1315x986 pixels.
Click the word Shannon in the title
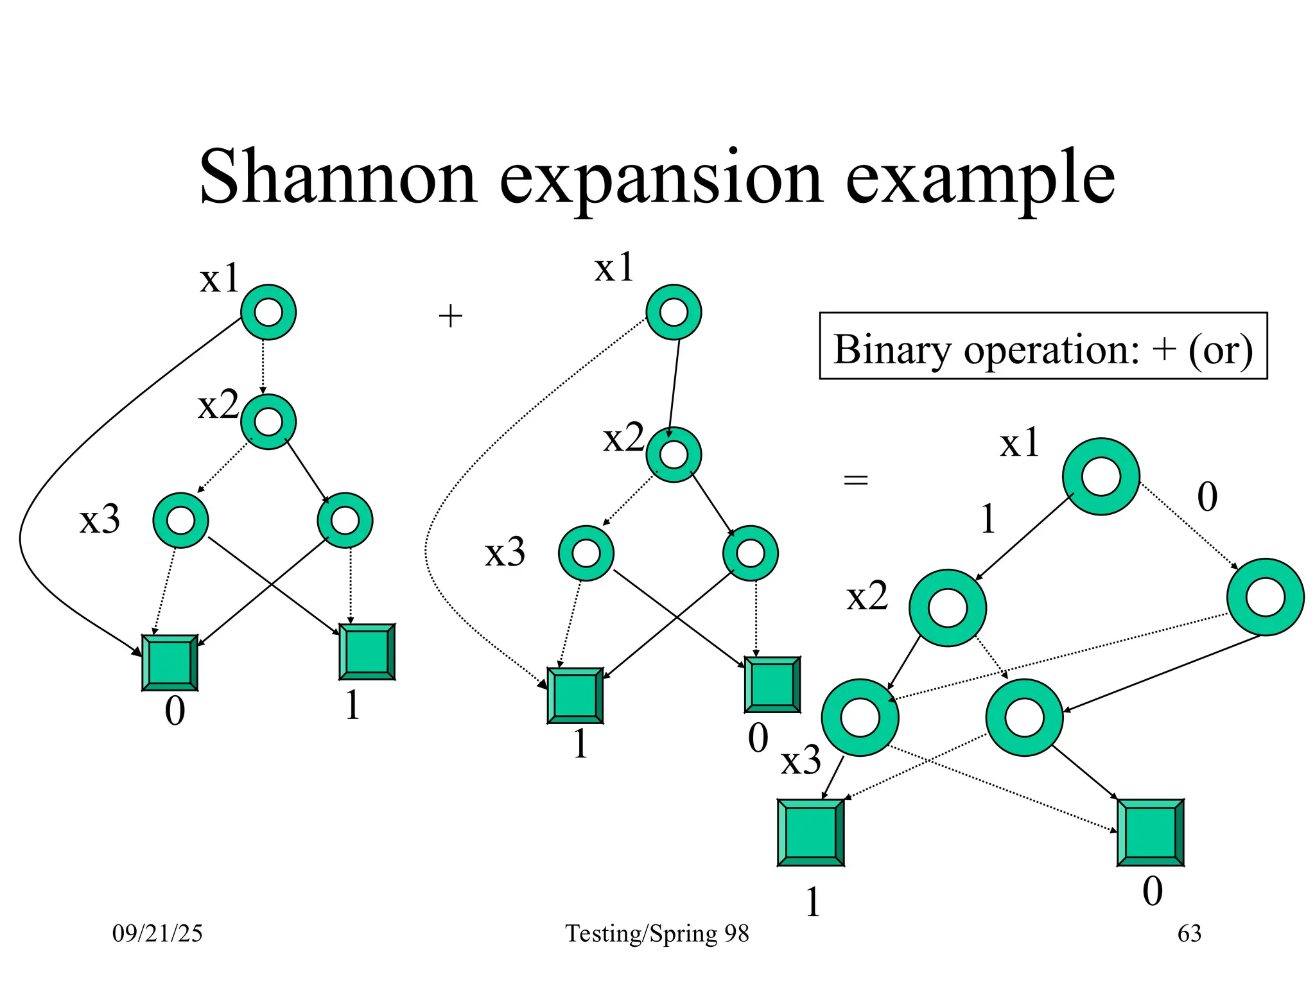(x=338, y=177)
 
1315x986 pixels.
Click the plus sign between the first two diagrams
(x=450, y=316)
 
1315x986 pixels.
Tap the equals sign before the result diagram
(x=855, y=480)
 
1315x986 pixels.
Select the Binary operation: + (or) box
(x=1043, y=346)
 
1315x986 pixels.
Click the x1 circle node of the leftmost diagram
(x=268, y=313)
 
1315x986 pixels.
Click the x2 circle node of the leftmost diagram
(x=268, y=422)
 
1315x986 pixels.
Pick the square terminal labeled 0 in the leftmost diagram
(x=170, y=662)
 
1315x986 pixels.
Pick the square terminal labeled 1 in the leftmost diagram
(x=367, y=652)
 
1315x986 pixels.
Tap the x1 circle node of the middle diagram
(x=674, y=313)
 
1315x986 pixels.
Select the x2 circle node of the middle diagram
(x=674, y=454)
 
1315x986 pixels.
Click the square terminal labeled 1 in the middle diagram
(x=575, y=695)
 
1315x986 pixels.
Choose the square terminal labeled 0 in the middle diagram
(x=772, y=684)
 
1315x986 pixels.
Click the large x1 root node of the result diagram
(x=1101, y=476)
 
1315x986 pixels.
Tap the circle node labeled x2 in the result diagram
(x=947, y=608)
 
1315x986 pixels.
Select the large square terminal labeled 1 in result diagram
(x=810, y=833)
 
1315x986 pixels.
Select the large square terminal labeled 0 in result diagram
(x=1150, y=833)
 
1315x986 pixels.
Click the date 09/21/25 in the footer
(x=157, y=933)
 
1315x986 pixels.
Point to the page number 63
(x=1189, y=933)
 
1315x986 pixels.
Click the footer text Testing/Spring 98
(x=657, y=933)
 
